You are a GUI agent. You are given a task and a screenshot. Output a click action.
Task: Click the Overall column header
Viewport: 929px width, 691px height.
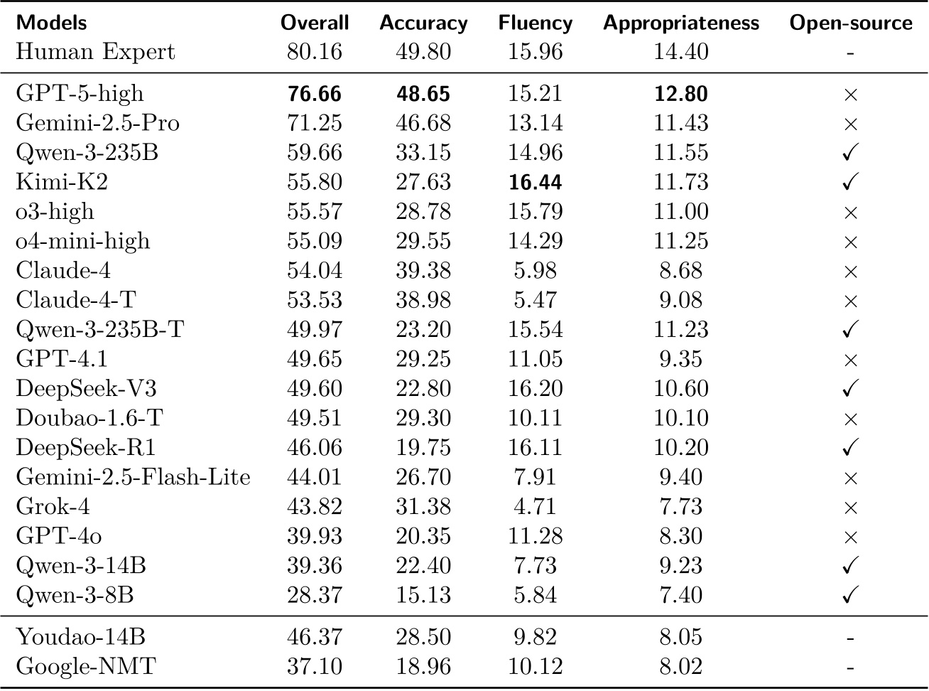315,23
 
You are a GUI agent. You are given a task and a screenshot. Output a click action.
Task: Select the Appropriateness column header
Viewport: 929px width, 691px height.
680,23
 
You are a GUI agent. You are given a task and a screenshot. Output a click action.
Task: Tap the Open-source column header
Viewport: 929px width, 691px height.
850,23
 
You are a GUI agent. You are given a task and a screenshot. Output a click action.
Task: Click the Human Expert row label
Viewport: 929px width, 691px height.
95,52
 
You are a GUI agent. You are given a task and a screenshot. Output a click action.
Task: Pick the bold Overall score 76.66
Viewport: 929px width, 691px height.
315,94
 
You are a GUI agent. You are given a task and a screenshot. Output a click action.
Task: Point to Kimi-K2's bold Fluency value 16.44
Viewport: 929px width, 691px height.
535,182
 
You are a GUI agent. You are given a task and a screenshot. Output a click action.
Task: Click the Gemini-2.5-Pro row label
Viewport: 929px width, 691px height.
97,123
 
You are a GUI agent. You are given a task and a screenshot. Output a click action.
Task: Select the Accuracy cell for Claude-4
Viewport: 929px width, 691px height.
423,271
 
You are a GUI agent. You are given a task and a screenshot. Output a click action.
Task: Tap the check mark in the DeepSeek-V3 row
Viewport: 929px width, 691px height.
850,389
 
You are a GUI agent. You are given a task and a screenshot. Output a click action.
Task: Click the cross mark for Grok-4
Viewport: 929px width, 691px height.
850,507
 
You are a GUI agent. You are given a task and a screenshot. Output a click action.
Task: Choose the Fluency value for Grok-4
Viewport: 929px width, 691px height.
535,507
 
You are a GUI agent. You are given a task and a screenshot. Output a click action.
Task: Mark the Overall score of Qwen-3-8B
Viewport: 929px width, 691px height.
315,595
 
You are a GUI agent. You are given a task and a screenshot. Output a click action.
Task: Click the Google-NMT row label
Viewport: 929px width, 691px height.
86,667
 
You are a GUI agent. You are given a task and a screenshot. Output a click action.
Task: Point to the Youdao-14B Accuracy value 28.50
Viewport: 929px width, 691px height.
423,638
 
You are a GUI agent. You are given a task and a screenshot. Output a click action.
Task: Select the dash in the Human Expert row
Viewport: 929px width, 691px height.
850,53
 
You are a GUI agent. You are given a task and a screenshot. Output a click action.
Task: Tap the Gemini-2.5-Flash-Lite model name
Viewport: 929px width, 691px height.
133,477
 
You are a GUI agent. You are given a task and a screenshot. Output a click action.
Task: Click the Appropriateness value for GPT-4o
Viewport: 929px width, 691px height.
680,536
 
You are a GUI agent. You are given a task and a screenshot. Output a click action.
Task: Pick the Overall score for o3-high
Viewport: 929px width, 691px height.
315,212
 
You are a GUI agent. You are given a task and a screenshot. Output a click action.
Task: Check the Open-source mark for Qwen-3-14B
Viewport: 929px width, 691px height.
850,566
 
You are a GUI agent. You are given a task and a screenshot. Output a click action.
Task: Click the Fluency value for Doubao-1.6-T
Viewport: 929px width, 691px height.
535,418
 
